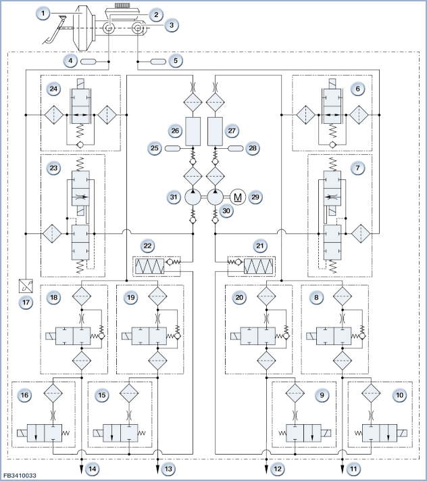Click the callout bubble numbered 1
(x=43, y=14)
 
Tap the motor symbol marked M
(x=237, y=197)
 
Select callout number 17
(x=26, y=302)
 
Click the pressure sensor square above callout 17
(x=26, y=286)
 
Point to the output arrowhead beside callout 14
(x=82, y=469)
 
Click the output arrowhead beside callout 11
(x=343, y=469)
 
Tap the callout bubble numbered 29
(x=255, y=197)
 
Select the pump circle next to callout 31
(x=193, y=197)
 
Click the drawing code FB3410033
(x=20, y=476)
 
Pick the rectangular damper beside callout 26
(x=193, y=131)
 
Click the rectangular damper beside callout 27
(x=215, y=131)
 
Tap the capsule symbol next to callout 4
(x=89, y=62)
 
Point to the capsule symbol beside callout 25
(x=173, y=148)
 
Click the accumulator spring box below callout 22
(x=150, y=267)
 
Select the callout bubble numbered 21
(x=259, y=246)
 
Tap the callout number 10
(x=400, y=395)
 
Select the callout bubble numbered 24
(x=53, y=89)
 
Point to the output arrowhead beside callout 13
(x=157, y=469)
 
